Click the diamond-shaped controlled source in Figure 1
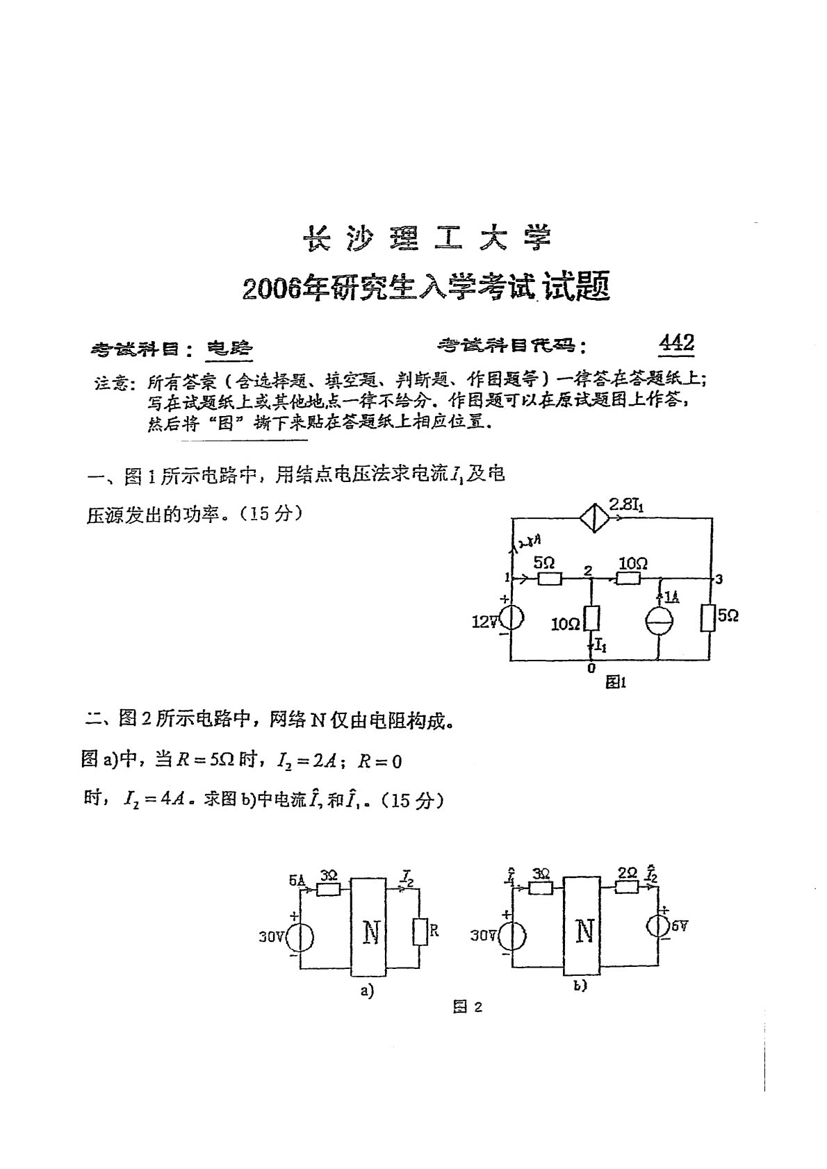click(x=594, y=519)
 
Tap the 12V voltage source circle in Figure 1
click(x=511, y=617)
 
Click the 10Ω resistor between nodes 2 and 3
click(x=628, y=577)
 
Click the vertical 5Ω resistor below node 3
click(x=710, y=616)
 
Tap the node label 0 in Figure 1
click(x=591, y=669)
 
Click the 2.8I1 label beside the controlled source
click(x=627, y=506)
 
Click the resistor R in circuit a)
click(x=419, y=931)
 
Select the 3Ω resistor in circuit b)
click(x=540, y=887)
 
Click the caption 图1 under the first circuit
click(x=616, y=683)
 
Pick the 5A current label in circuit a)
click(x=297, y=880)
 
